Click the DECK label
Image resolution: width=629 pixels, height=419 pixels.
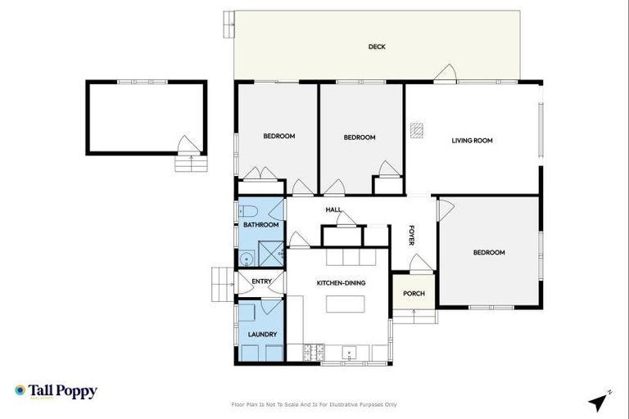pos(377,47)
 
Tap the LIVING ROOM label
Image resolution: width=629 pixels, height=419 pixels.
pos(473,141)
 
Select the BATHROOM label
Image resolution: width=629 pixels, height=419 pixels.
pos(260,225)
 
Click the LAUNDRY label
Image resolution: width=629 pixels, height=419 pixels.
pos(262,334)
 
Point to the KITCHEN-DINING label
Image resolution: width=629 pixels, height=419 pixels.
pos(341,283)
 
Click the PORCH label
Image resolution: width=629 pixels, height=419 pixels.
pos(414,294)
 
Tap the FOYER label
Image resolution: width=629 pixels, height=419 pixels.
pos(412,235)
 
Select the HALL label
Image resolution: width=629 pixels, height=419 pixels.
pos(333,210)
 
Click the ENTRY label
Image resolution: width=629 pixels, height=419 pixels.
pos(261,282)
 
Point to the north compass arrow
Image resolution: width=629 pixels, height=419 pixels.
pos(600,401)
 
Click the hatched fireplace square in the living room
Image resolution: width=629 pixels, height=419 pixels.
pos(418,129)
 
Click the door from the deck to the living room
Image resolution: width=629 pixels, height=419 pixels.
pos(446,74)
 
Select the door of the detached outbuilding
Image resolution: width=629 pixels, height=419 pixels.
pos(188,146)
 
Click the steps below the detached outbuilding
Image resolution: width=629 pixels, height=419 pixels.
pos(188,163)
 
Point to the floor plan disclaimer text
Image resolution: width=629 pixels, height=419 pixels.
pos(315,404)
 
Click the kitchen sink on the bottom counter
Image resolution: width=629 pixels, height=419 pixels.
pos(349,354)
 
